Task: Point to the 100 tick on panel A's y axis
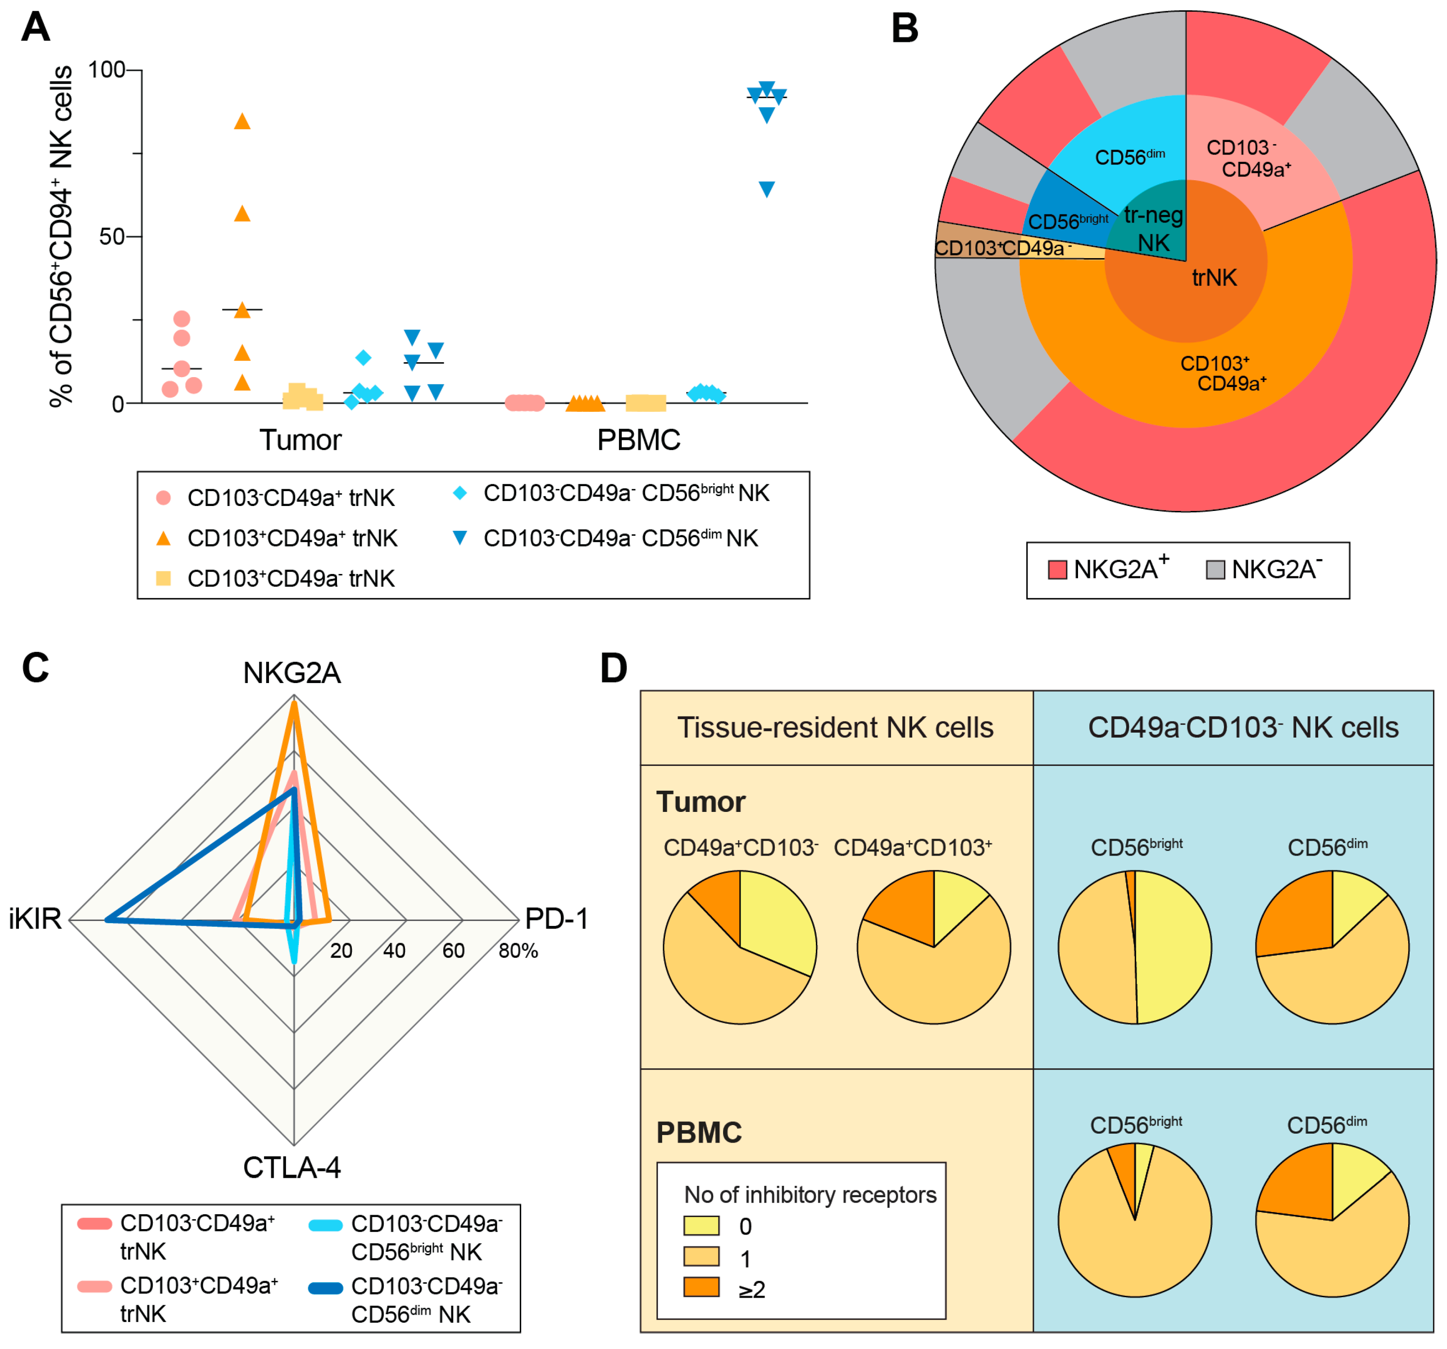(x=106, y=70)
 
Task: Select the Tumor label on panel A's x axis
(x=300, y=440)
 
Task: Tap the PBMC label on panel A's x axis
(x=638, y=440)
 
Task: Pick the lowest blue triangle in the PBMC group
(x=766, y=189)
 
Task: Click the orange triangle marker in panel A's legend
(x=164, y=538)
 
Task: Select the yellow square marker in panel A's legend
(x=164, y=578)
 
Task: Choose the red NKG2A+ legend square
(x=1057, y=570)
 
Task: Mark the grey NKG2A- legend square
(x=1215, y=570)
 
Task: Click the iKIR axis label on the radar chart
(x=35, y=919)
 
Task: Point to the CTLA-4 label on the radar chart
(x=292, y=1167)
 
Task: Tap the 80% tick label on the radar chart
(x=518, y=950)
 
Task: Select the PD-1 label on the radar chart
(x=556, y=919)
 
